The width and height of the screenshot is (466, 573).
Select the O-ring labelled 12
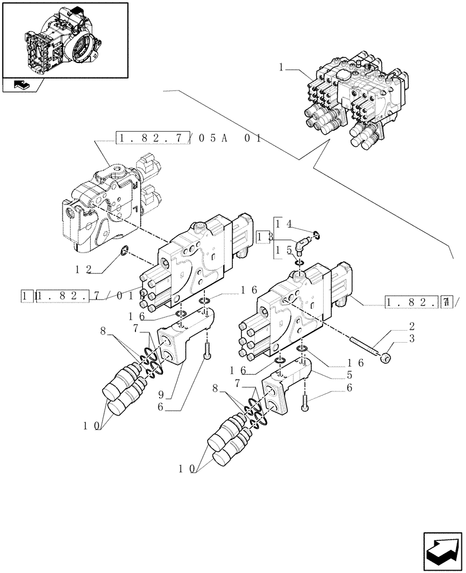click(123, 250)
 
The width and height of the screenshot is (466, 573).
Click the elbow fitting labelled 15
click(300, 245)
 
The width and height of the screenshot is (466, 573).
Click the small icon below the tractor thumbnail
click(21, 86)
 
